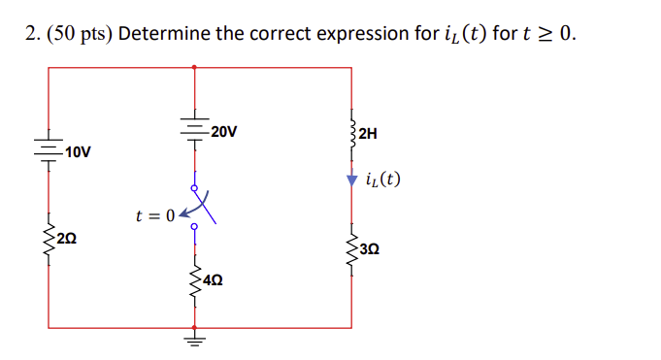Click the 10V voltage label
tap(78, 152)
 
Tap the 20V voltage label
tap(222, 131)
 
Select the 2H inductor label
tap(367, 133)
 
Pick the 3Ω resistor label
tap(369, 249)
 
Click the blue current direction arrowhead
tap(350, 180)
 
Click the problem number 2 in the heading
tap(30, 34)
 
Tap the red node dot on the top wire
tap(194, 68)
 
